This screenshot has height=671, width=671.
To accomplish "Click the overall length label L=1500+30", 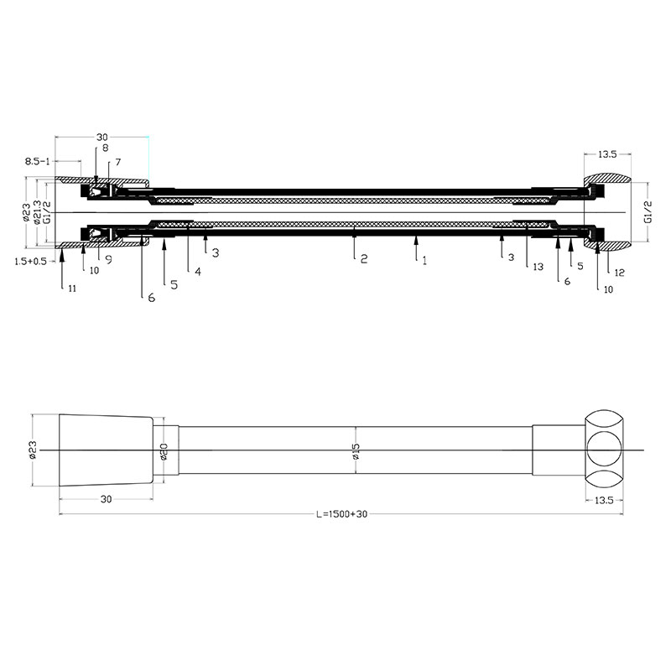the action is click(x=342, y=514).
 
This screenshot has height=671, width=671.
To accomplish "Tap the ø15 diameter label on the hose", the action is click(x=356, y=451).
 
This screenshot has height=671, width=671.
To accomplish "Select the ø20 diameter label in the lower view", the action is click(x=164, y=451).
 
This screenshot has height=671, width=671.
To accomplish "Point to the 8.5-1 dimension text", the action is click(x=37, y=161).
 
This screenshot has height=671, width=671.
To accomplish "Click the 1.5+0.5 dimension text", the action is click(x=30, y=261).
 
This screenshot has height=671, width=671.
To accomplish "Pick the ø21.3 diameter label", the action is click(x=37, y=212).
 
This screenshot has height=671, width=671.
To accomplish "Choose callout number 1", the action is click(x=424, y=261).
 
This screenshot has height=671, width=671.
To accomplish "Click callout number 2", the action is click(x=364, y=258).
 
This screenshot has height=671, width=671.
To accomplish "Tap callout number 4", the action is click(x=198, y=271).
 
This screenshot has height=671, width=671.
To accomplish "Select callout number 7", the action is click(x=118, y=162).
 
